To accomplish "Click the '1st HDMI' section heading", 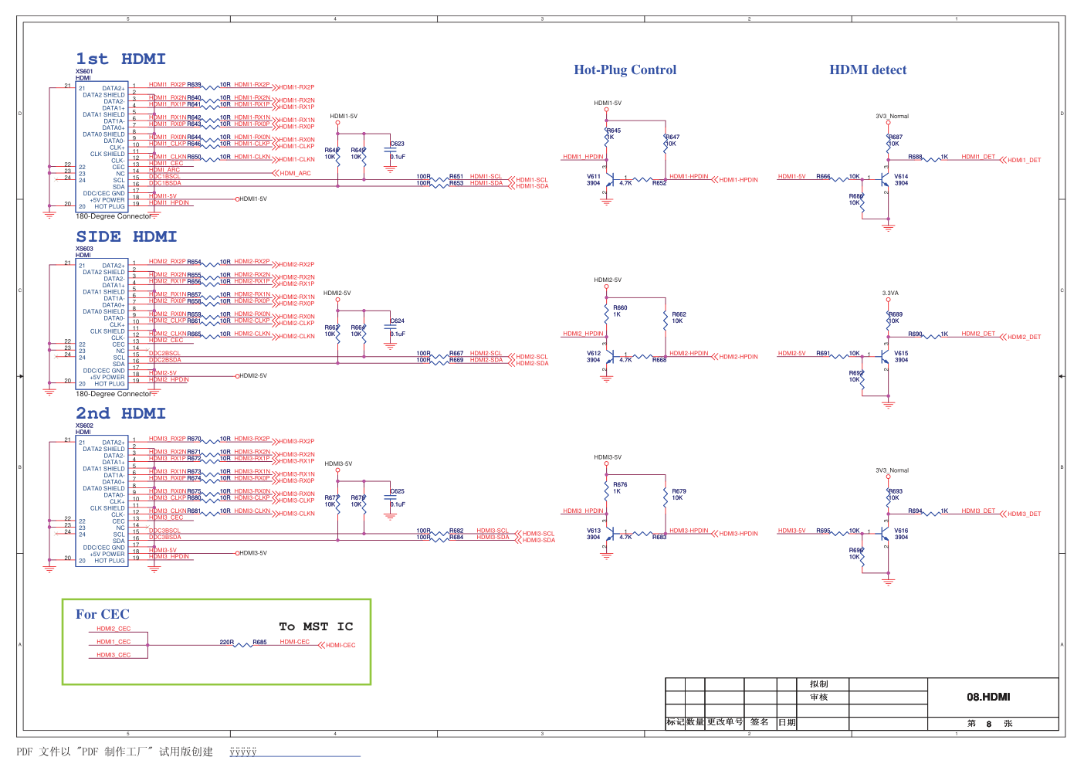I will point(120,59).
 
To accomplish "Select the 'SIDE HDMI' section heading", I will point(126,237).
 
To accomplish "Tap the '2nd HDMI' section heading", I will point(120,414).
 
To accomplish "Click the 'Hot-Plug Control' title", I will point(625,70).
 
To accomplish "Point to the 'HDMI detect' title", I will point(868,70).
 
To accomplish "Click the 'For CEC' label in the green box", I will point(102,615).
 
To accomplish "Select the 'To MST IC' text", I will point(316,626).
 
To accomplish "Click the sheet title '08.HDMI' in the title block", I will point(988,697).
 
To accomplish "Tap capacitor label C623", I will point(398,144).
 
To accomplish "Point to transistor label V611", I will point(593,177).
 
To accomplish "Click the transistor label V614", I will point(901,177).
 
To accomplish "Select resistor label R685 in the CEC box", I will point(260,642).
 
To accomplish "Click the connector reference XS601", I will point(84,72).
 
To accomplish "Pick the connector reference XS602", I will point(84,426).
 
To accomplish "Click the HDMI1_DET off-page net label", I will point(1024,161).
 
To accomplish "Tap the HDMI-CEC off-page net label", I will point(340,646).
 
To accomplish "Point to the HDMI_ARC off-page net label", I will point(295,174).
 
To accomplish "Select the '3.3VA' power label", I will point(890,294).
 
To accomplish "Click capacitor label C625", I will point(398,491).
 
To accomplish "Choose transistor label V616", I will point(901,531).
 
